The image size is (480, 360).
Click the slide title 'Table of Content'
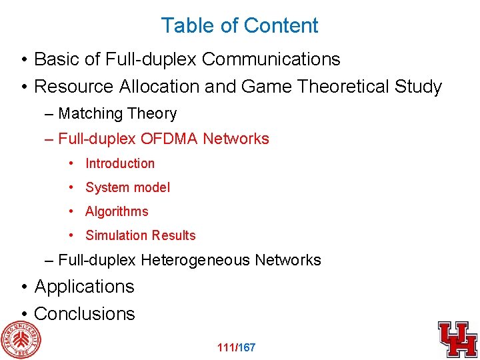[x=239, y=25]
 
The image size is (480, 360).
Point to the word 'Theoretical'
[x=340, y=87]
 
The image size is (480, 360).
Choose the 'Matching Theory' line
[x=117, y=114]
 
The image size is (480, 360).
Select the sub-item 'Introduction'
[x=120, y=163]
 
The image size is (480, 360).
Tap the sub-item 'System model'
[x=127, y=187]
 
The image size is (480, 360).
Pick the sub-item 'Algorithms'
[x=117, y=211]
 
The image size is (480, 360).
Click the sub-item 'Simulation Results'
[x=141, y=235]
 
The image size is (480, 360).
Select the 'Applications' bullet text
[x=84, y=287]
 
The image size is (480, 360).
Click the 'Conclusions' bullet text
[x=84, y=313]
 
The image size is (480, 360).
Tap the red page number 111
[x=227, y=347]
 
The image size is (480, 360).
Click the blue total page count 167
[x=247, y=347]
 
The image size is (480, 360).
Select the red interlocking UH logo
[x=457, y=339]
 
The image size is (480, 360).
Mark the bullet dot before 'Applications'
[x=24, y=287]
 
